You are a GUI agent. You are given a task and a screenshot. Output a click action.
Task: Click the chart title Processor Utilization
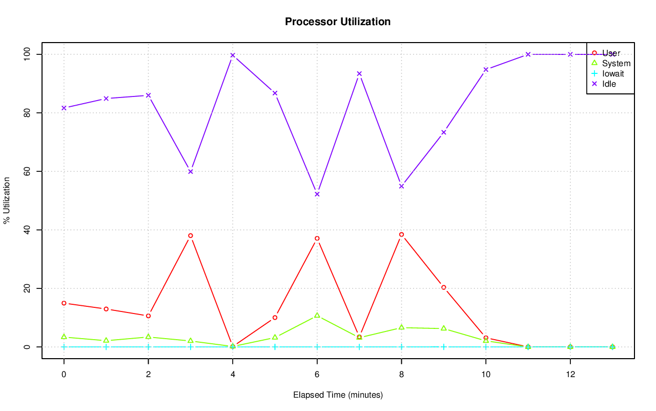click(338, 22)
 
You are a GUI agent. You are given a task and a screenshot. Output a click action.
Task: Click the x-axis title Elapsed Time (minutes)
click(338, 395)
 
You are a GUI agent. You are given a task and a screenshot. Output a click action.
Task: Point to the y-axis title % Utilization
click(7, 200)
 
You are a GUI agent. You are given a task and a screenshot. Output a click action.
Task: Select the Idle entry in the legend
click(609, 84)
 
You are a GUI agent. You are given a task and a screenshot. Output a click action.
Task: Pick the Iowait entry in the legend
click(613, 73)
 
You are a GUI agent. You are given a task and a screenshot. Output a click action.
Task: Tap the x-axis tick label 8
click(401, 375)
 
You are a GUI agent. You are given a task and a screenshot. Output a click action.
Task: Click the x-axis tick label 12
click(570, 375)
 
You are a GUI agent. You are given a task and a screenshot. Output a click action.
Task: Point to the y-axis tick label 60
click(27, 171)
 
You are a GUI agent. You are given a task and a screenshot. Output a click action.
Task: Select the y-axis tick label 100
click(27, 54)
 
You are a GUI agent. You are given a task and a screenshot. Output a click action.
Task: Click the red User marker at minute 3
click(191, 236)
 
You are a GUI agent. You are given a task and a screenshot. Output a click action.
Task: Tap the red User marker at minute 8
click(401, 234)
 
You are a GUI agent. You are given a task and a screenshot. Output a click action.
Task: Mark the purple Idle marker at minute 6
click(317, 194)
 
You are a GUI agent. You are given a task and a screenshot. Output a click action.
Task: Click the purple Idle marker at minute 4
click(233, 55)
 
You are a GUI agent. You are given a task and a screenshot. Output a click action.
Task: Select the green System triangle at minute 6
click(317, 315)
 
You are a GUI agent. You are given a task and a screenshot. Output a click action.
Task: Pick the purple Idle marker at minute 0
click(64, 108)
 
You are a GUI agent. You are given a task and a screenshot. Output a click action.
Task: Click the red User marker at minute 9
click(444, 287)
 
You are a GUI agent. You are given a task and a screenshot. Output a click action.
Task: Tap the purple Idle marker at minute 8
click(401, 186)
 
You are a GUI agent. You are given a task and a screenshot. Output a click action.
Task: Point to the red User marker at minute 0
click(64, 303)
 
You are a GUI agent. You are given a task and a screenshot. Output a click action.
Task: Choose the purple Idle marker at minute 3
click(191, 171)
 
